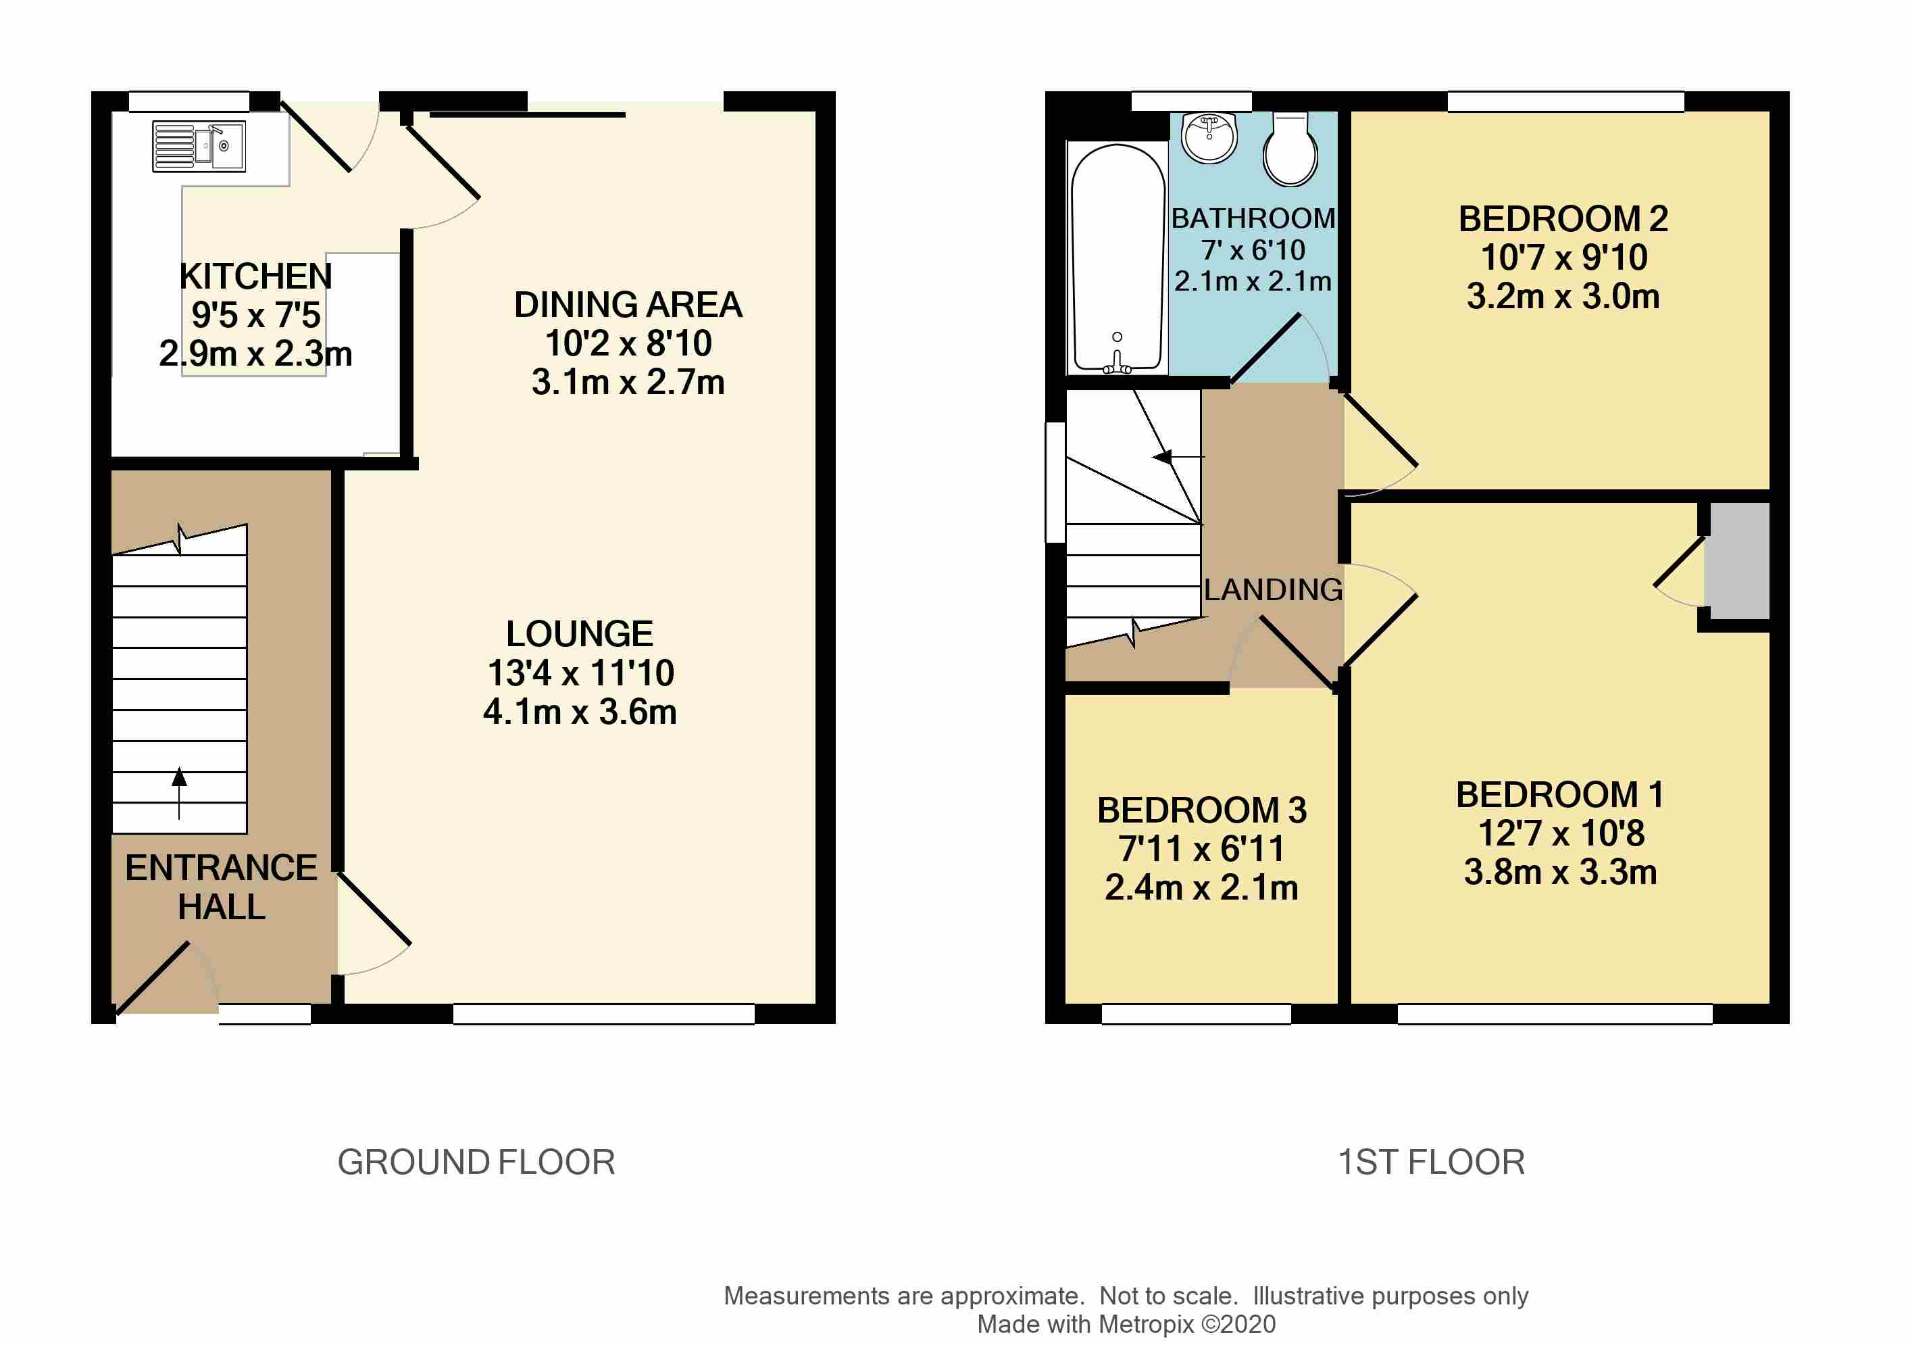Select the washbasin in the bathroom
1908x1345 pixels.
(x=1210, y=138)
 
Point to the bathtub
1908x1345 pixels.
(x=1118, y=258)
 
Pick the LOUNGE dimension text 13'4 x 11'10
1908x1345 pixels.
(x=580, y=673)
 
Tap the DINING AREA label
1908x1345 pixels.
(x=628, y=305)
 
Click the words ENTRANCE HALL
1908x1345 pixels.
(x=221, y=887)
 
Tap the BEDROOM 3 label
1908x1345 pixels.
(x=1202, y=810)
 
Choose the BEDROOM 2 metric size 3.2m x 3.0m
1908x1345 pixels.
(x=1562, y=297)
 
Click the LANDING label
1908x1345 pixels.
(x=1272, y=590)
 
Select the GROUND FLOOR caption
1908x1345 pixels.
(x=476, y=1162)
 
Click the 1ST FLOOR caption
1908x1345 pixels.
(x=1431, y=1162)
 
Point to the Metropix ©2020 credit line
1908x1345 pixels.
(x=1126, y=1324)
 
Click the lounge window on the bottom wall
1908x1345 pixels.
(x=603, y=1014)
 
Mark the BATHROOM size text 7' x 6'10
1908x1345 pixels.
(x=1253, y=250)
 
